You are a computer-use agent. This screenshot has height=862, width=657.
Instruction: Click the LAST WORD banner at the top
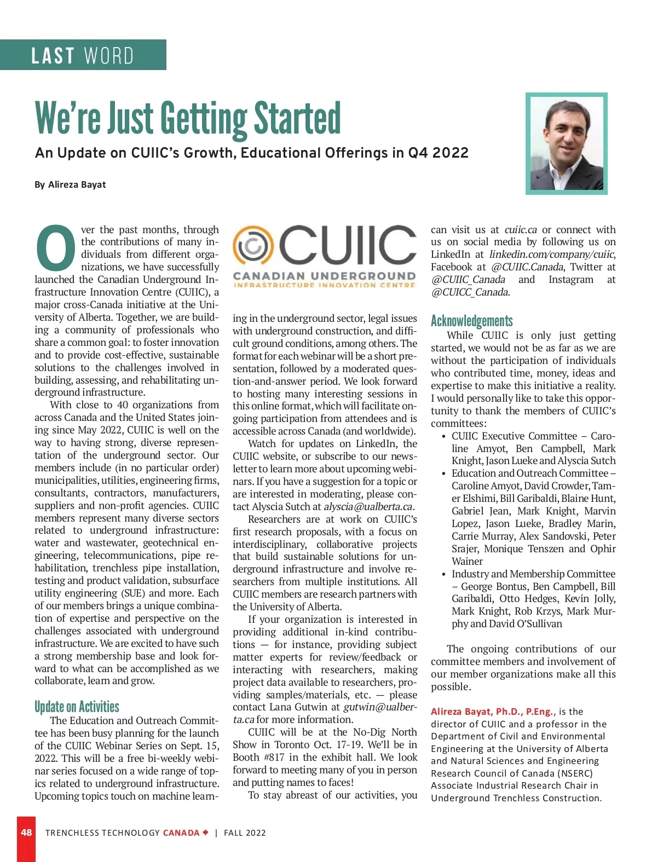tap(83, 55)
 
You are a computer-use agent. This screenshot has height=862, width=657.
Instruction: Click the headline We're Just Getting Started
tap(188, 118)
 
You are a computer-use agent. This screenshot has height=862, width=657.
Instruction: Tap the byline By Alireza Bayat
tap(70, 184)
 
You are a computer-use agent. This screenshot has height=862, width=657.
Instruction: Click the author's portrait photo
tap(566, 143)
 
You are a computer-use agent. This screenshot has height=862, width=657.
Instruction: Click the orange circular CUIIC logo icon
tap(253, 246)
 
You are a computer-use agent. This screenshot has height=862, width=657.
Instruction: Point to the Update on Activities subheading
tap(77, 707)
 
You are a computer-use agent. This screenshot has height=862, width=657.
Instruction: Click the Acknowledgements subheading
tap(471, 321)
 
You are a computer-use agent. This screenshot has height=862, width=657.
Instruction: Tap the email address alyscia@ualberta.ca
tap(368, 507)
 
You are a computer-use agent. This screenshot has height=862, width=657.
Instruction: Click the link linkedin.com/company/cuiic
tap(551, 254)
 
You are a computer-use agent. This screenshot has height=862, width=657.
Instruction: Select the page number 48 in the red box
tap(26, 832)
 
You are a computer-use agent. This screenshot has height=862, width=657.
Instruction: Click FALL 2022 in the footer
tap(245, 833)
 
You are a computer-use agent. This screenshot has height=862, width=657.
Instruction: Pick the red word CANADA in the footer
tap(181, 833)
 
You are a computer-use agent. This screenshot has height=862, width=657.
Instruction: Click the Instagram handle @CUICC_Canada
tap(470, 292)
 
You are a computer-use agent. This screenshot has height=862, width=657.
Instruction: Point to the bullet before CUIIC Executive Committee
tap(443, 437)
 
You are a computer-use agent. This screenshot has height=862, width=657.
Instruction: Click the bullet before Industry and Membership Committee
tap(443, 575)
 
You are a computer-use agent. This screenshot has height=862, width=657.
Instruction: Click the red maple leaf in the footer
tap(206, 832)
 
